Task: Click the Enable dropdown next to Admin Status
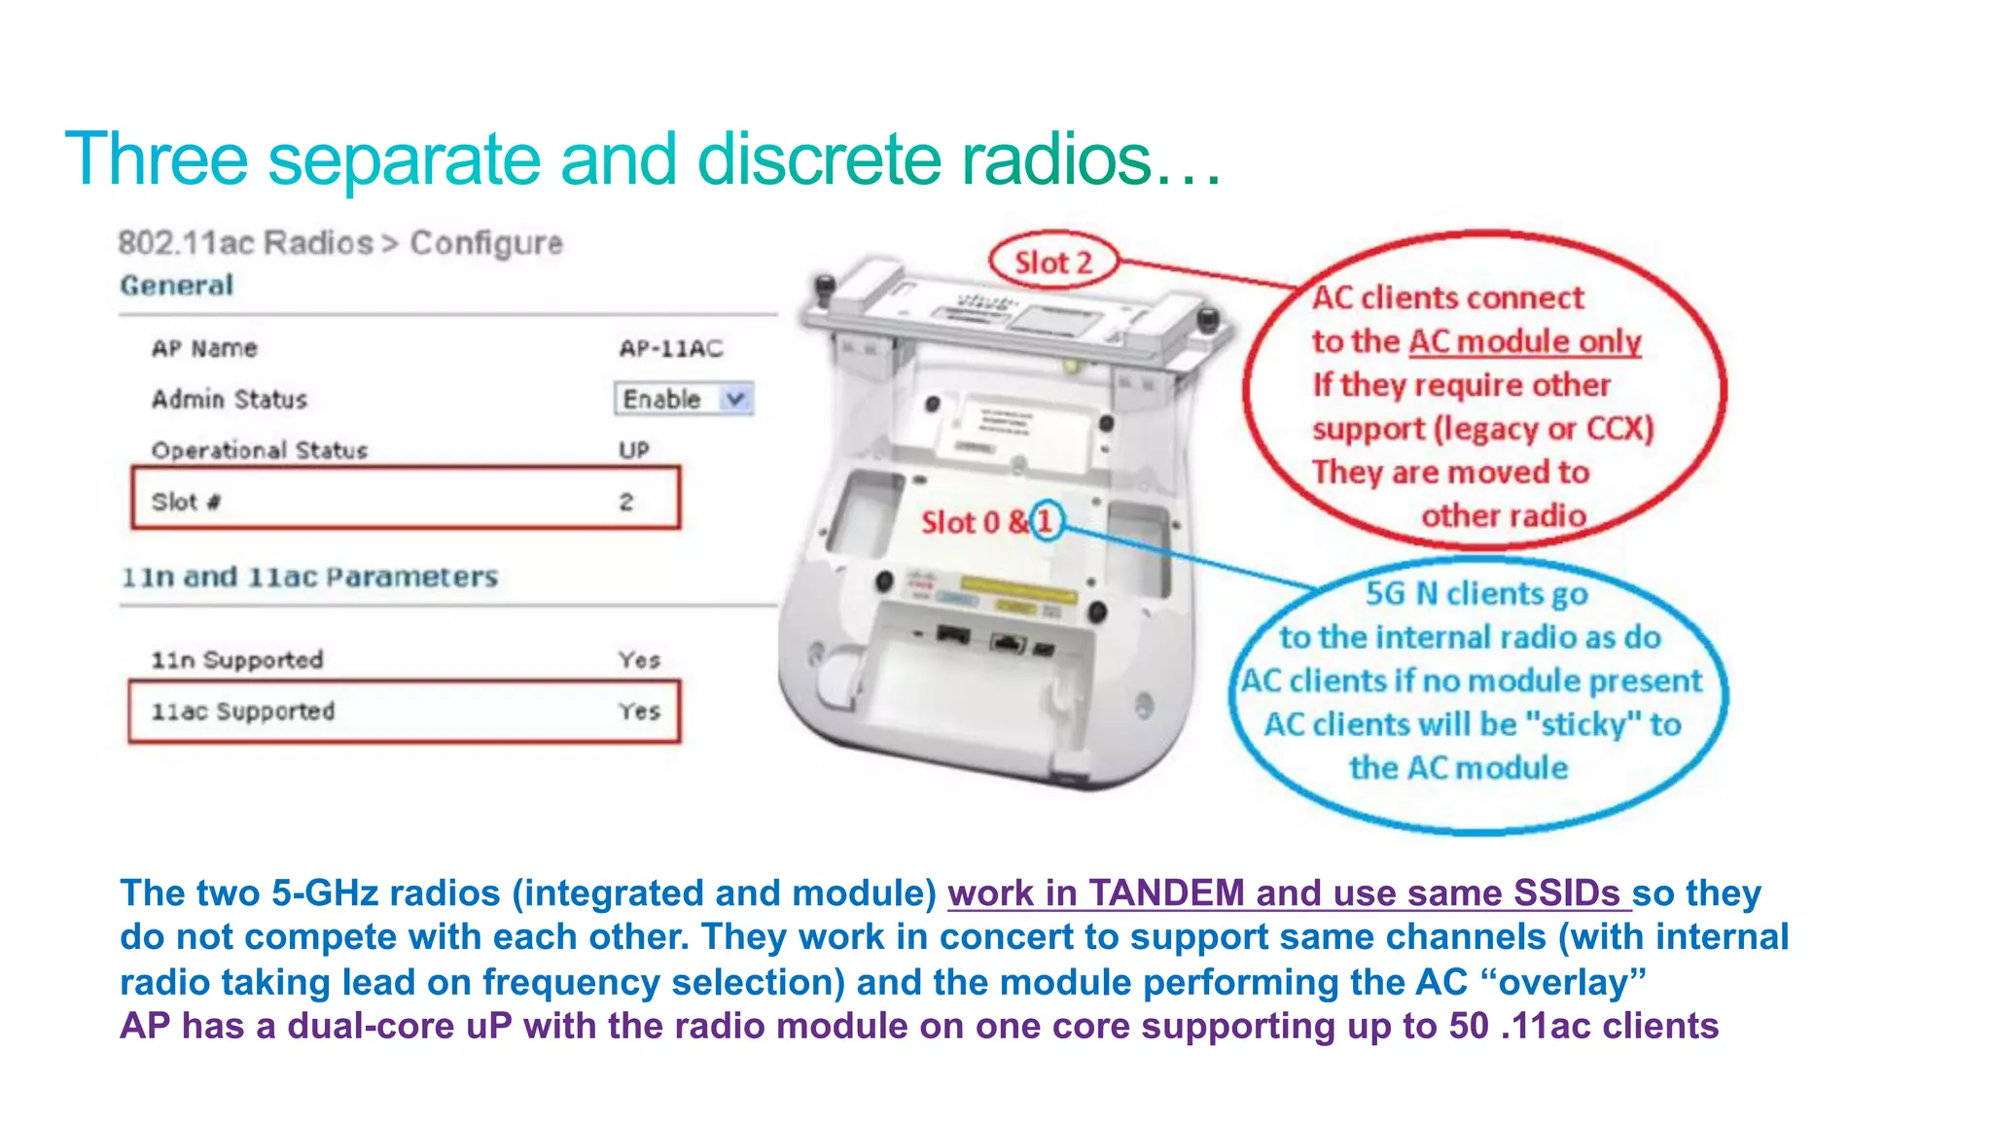(x=684, y=399)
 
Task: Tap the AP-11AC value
(x=671, y=348)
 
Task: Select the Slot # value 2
(x=626, y=502)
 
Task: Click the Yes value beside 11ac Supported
(x=639, y=711)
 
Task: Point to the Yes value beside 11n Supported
(x=639, y=659)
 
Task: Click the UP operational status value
(x=634, y=450)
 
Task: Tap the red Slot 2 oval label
(x=1053, y=262)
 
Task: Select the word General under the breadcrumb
(x=177, y=285)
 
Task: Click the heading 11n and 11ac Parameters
(x=309, y=577)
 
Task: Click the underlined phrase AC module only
(x=1524, y=341)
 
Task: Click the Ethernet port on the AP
(x=1008, y=641)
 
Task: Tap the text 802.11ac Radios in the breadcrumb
(x=246, y=242)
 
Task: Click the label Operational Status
(x=260, y=450)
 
